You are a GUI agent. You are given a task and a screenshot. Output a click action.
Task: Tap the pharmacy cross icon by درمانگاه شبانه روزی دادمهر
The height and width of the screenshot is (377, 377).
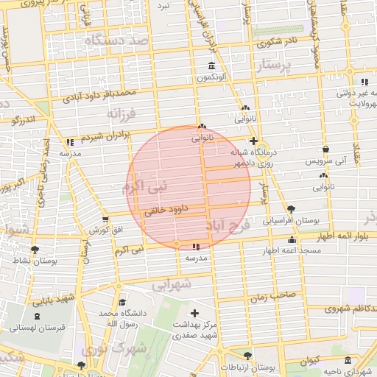click(253, 141)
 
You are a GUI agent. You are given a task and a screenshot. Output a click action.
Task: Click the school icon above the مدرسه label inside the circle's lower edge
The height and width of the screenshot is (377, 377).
click(194, 247)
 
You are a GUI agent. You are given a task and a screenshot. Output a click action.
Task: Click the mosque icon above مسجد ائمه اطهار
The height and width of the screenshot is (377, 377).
click(292, 239)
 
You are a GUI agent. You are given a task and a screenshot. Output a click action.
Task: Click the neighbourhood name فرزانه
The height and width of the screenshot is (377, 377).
click(122, 115)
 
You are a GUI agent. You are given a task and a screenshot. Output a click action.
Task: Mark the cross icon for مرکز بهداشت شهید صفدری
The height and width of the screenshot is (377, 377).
click(194, 313)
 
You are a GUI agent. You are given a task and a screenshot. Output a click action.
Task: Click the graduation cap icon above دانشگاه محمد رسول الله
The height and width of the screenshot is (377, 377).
click(122, 303)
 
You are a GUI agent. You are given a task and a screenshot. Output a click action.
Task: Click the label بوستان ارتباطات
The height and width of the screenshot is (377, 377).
click(272, 367)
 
